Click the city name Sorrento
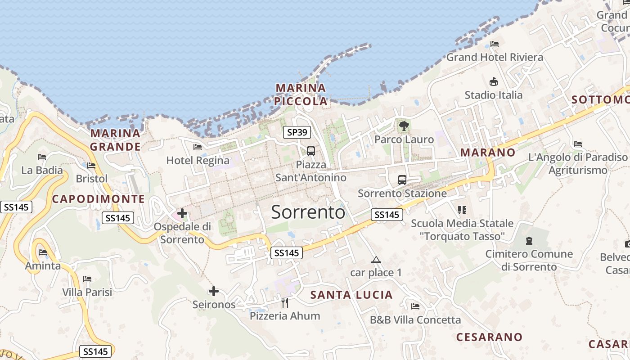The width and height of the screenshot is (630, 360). point(308,212)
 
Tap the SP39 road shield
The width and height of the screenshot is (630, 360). point(297,132)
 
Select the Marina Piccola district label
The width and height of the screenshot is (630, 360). point(301,94)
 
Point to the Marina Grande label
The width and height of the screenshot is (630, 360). point(116,140)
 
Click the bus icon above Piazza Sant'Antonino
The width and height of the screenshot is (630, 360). point(311,151)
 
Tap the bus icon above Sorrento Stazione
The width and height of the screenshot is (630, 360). point(402,180)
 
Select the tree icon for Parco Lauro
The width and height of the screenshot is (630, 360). point(404,126)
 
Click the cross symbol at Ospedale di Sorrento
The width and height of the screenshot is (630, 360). point(182,213)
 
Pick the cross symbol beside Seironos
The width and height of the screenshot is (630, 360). point(214,292)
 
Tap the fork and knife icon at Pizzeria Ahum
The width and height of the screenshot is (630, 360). point(284,302)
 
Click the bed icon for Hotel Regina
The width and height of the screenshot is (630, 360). point(198,147)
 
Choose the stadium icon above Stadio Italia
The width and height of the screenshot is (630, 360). point(494,82)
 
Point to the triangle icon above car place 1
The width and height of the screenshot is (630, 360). point(376,260)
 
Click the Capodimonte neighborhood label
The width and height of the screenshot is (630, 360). point(99,199)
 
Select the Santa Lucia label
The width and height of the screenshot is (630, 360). point(351,295)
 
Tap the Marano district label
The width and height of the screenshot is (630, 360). point(488,152)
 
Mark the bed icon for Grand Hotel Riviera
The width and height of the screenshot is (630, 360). point(495,44)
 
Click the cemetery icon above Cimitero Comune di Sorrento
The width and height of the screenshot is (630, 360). point(529,241)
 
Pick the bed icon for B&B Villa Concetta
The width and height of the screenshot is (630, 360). point(415,306)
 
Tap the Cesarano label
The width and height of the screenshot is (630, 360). point(489,337)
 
